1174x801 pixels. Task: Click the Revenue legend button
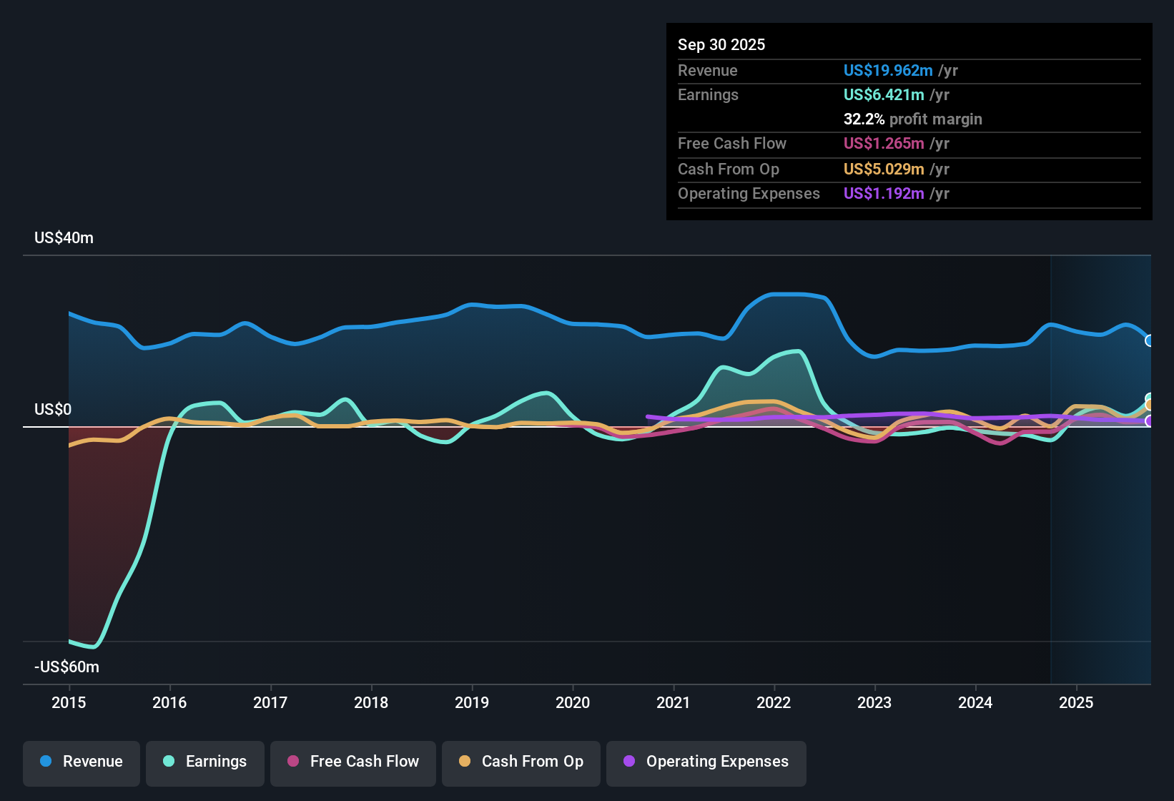82,762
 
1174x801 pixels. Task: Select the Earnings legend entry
205,762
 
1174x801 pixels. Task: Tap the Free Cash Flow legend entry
353,762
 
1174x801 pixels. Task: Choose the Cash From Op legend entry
521,762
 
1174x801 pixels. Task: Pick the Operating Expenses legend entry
706,762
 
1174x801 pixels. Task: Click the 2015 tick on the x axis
69,702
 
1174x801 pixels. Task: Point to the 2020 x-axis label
573,702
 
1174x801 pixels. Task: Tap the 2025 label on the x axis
1076,702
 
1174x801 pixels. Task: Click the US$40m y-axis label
64,238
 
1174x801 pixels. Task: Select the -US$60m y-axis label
66,667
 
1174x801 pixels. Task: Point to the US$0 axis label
53,410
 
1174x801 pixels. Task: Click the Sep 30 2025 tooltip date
721,45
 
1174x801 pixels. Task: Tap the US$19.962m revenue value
888,71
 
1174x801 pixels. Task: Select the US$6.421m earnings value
884,95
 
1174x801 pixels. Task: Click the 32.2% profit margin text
912,119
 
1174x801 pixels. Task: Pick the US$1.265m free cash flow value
884,144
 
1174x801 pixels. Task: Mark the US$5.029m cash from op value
884,169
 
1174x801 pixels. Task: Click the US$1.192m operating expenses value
884,194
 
